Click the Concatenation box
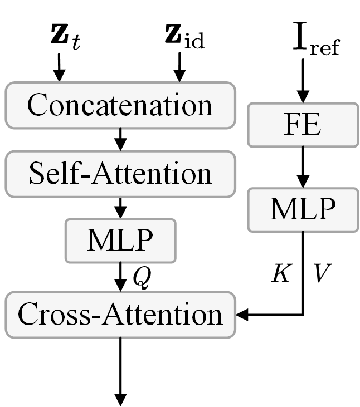120,105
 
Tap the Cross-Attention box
120,315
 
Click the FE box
303,126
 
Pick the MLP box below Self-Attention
120,241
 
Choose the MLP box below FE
303,209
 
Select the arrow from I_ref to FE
303,82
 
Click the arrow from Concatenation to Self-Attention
120,139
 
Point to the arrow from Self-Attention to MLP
120,207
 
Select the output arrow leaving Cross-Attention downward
120,373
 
